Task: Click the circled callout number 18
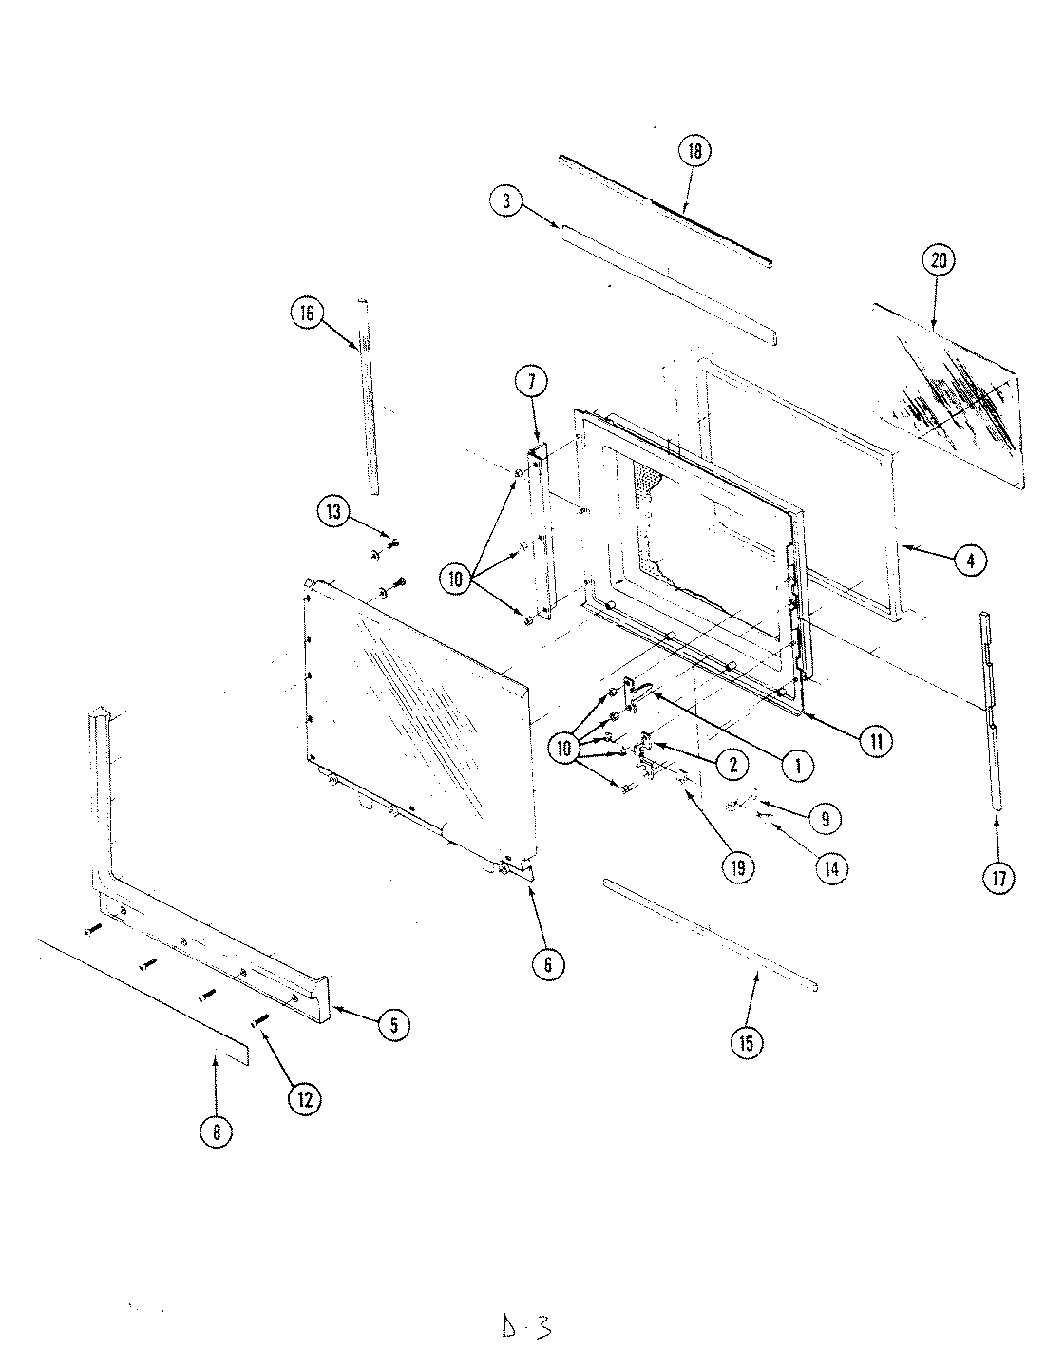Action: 694,152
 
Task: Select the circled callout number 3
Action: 507,200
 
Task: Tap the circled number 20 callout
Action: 938,261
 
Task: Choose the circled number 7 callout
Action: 531,383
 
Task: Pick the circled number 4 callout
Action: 969,560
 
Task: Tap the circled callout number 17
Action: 998,879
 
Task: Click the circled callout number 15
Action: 745,1042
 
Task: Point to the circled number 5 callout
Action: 394,1024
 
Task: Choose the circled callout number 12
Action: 305,1099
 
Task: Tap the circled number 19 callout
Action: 738,866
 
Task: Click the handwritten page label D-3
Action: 525,1326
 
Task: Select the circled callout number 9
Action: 824,817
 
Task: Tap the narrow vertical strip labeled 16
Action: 369,399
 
